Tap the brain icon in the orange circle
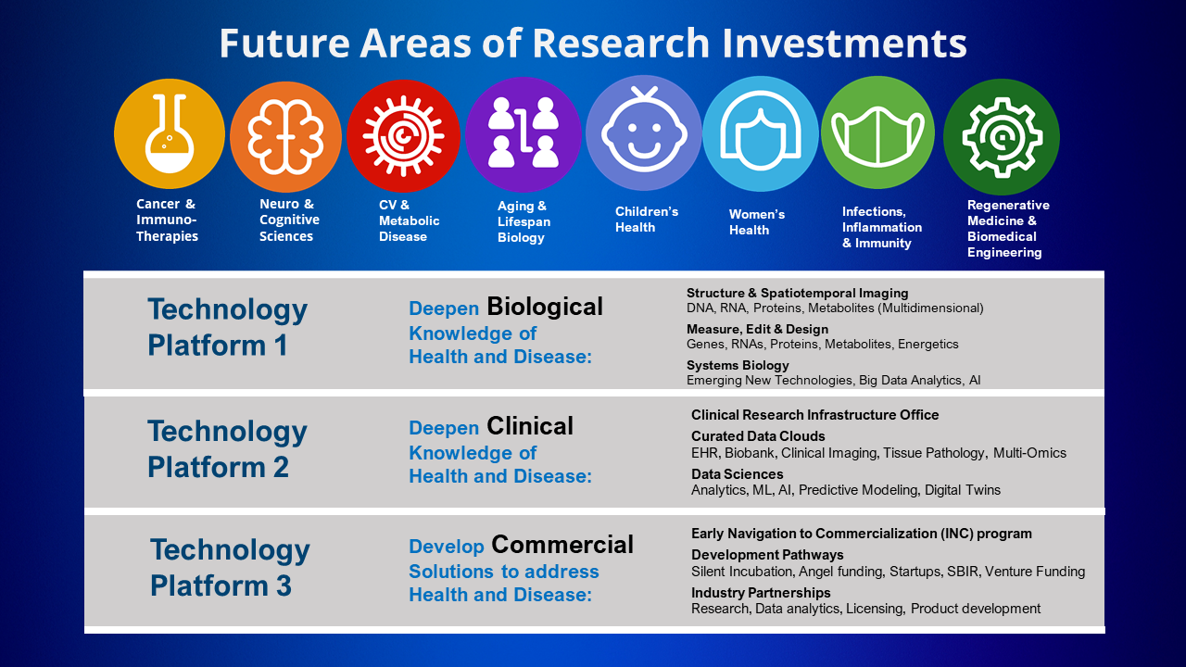pyautogui.click(x=286, y=136)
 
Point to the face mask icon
pyautogui.click(x=877, y=135)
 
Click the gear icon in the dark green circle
pyautogui.click(x=1002, y=137)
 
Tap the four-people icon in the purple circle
pyautogui.click(x=524, y=132)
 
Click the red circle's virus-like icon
pyautogui.click(x=403, y=135)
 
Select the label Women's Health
pyautogui.click(x=757, y=222)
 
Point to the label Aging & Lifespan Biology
pyautogui.click(x=524, y=221)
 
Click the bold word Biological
pyautogui.click(x=545, y=307)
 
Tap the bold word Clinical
pyautogui.click(x=530, y=426)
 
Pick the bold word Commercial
pyautogui.click(x=562, y=545)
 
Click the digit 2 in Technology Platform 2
pyautogui.click(x=281, y=468)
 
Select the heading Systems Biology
pyautogui.click(x=738, y=365)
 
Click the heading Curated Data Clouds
pyautogui.click(x=758, y=436)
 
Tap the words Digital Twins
pyautogui.click(x=963, y=490)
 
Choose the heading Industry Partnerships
pyautogui.click(x=761, y=593)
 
